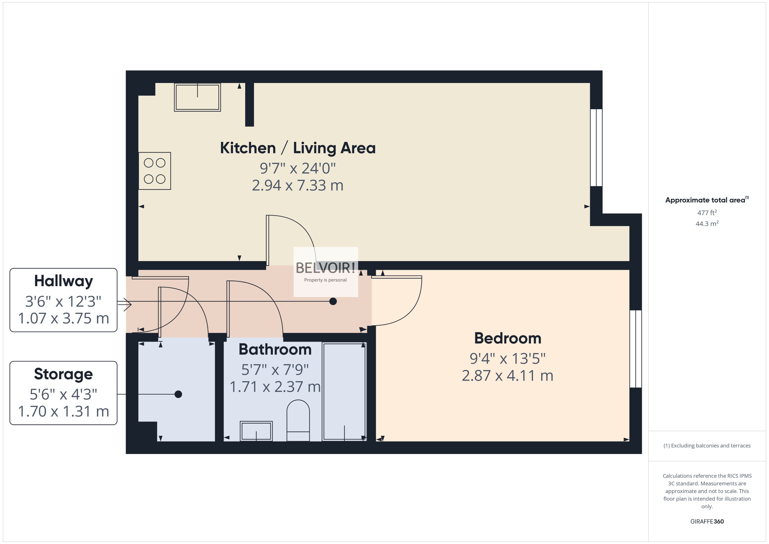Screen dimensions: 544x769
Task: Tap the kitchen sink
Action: [197, 97]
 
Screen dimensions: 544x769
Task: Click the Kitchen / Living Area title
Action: [297, 148]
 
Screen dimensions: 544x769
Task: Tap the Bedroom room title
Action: [507, 338]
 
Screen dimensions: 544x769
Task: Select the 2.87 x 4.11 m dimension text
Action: [507, 376]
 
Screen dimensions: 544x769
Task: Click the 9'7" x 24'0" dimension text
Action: [297, 168]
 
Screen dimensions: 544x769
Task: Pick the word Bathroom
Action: [275, 349]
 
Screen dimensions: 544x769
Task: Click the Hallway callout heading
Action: [63, 281]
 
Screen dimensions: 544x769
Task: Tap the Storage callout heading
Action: [63, 374]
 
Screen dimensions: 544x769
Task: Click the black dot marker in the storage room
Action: [178, 394]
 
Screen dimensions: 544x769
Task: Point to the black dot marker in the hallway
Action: [333, 302]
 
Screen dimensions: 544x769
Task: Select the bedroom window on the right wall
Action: [635, 349]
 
